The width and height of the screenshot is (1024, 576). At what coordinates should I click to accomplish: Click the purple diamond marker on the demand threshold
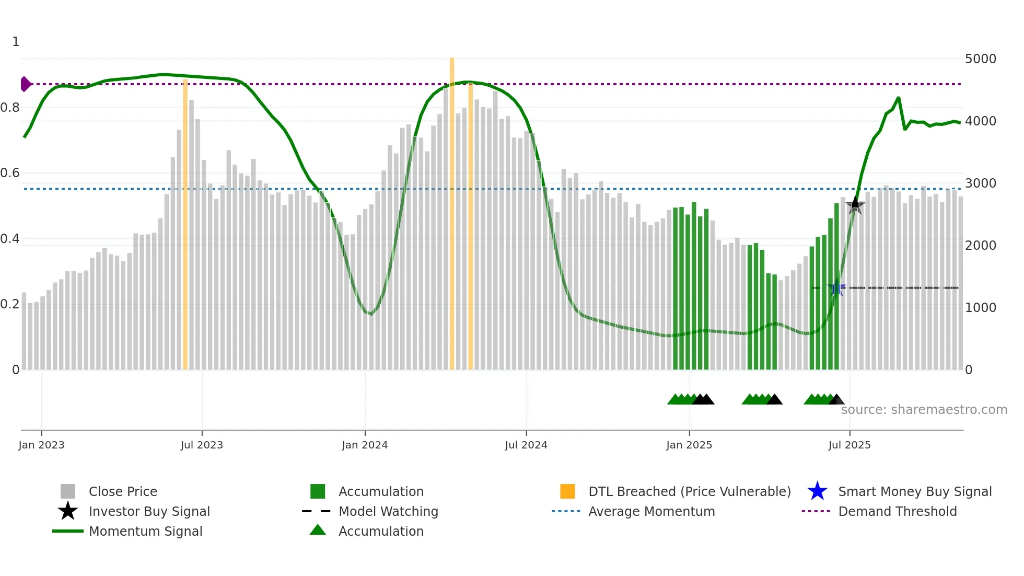(25, 84)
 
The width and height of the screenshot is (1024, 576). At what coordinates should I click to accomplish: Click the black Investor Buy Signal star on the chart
(855, 205)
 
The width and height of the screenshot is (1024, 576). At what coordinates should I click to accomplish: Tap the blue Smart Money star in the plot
(837, 287)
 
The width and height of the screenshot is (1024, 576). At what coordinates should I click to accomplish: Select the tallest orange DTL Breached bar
(452, 214)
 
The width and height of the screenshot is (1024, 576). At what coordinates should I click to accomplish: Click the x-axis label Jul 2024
(526, 445)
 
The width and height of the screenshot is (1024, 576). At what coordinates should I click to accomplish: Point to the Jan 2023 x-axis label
(41, 445)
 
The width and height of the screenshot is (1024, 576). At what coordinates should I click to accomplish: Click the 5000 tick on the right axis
(980, 59)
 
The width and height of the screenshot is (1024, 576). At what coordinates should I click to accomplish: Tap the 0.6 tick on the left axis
(10, 173)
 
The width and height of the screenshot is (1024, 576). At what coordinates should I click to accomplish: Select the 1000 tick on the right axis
(980, 307)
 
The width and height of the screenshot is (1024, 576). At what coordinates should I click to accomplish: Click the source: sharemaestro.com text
(924, 409)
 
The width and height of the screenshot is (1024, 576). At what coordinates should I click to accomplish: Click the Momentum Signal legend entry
(145, 531)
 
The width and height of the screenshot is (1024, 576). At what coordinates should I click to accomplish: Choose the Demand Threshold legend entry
(897, 511)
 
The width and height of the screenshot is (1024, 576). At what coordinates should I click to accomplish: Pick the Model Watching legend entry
(388, 511)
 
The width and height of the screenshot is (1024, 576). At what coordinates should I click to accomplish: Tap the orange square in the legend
(567, 491)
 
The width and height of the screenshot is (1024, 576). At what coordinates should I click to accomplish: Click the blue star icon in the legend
(817, 491)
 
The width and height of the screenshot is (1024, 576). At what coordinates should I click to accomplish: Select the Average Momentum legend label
(651, 511)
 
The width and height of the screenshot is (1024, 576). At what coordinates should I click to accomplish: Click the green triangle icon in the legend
(318, 530)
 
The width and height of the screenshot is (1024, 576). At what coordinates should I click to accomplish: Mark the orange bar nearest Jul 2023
(185, 225)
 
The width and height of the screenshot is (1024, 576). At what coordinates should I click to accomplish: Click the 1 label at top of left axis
(16, 42)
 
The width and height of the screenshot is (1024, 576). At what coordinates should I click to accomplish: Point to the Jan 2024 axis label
(365, 445)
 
